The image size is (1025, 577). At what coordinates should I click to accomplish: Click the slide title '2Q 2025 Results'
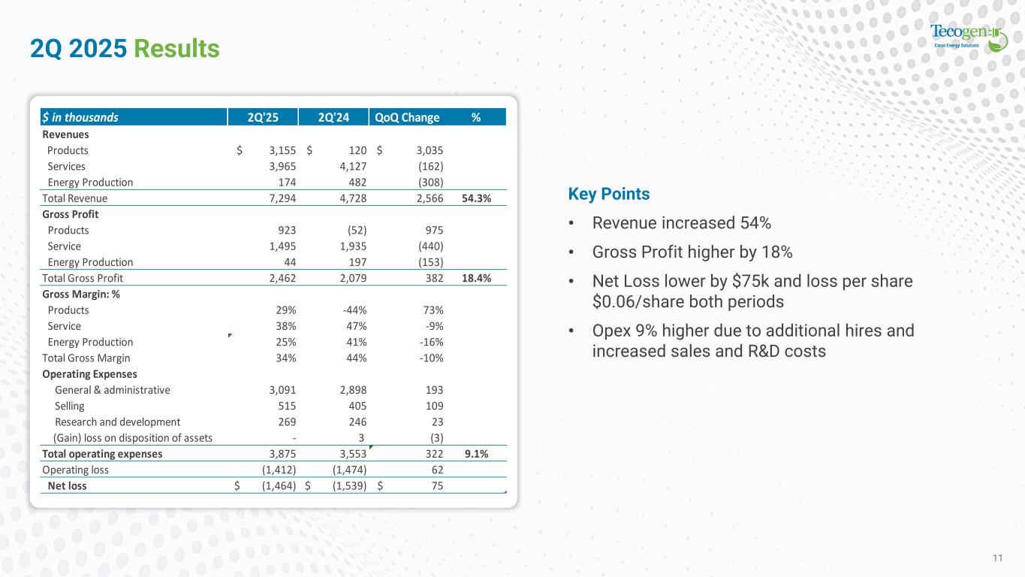125,49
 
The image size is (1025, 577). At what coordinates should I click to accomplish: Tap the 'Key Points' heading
609,194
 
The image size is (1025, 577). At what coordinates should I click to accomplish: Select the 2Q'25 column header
262,117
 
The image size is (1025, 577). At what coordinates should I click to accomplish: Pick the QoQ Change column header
406,117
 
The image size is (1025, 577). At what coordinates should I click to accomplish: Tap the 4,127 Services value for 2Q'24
351,166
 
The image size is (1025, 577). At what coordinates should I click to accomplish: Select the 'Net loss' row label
67,486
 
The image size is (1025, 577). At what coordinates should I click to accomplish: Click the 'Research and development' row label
117,422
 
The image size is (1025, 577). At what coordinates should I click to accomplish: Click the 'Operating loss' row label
75,470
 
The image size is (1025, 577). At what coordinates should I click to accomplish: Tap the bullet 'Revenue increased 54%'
681,223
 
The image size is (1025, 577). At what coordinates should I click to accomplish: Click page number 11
998,557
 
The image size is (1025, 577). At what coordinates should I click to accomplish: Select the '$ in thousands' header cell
80,117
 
